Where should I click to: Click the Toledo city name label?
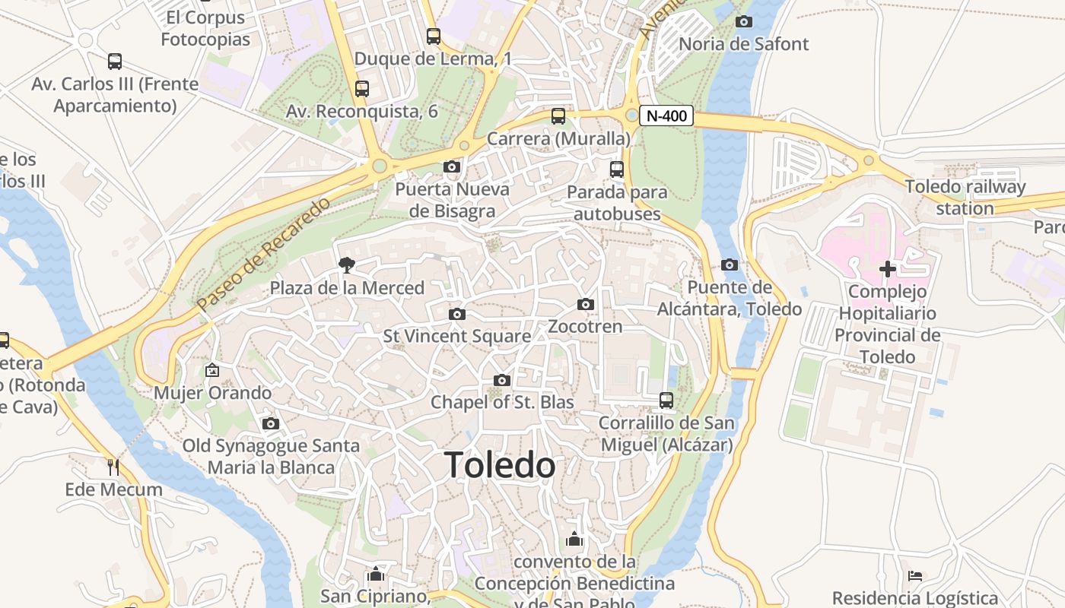click(500, 464)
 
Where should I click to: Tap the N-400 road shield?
click(666, 116)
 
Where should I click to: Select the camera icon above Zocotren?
click(585, 305)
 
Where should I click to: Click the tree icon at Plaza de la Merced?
click(347, 265)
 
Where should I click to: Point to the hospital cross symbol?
click(887, 268)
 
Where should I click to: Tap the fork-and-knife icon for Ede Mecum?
click(113, 467)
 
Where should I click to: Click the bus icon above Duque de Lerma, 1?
click(433, 36)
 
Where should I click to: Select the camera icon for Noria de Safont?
click(744, 21)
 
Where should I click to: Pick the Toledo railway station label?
click(965, 197)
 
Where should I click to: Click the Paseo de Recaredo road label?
click(264, 253)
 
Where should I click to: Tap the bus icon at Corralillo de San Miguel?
click(666, 400)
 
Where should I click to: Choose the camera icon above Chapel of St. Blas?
click(502, 380)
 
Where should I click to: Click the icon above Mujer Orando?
click(212, 371)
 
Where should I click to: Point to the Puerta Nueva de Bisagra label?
click(452, 200)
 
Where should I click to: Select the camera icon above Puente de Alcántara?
click(730, 264)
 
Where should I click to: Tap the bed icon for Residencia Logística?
click(915, 576)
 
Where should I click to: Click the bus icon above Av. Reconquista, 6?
click(362, 88)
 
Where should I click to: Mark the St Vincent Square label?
click(456, 336)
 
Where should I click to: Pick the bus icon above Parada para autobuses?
click(617, 169)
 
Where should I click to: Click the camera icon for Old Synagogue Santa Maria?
click(270, 424)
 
